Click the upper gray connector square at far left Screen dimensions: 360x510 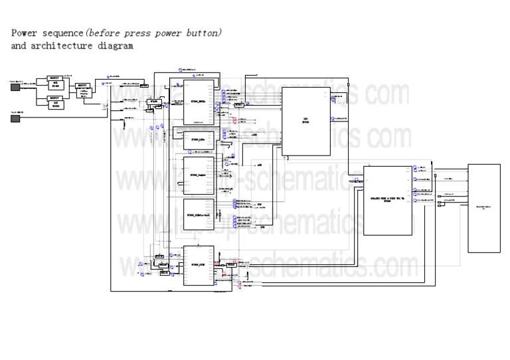pos(15,86)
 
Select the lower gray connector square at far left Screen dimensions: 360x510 pos(15,118)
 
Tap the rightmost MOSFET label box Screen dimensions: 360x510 pos(83,85)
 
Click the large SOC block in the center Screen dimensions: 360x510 pos(306,121)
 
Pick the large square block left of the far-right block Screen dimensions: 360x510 pos(387,198)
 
